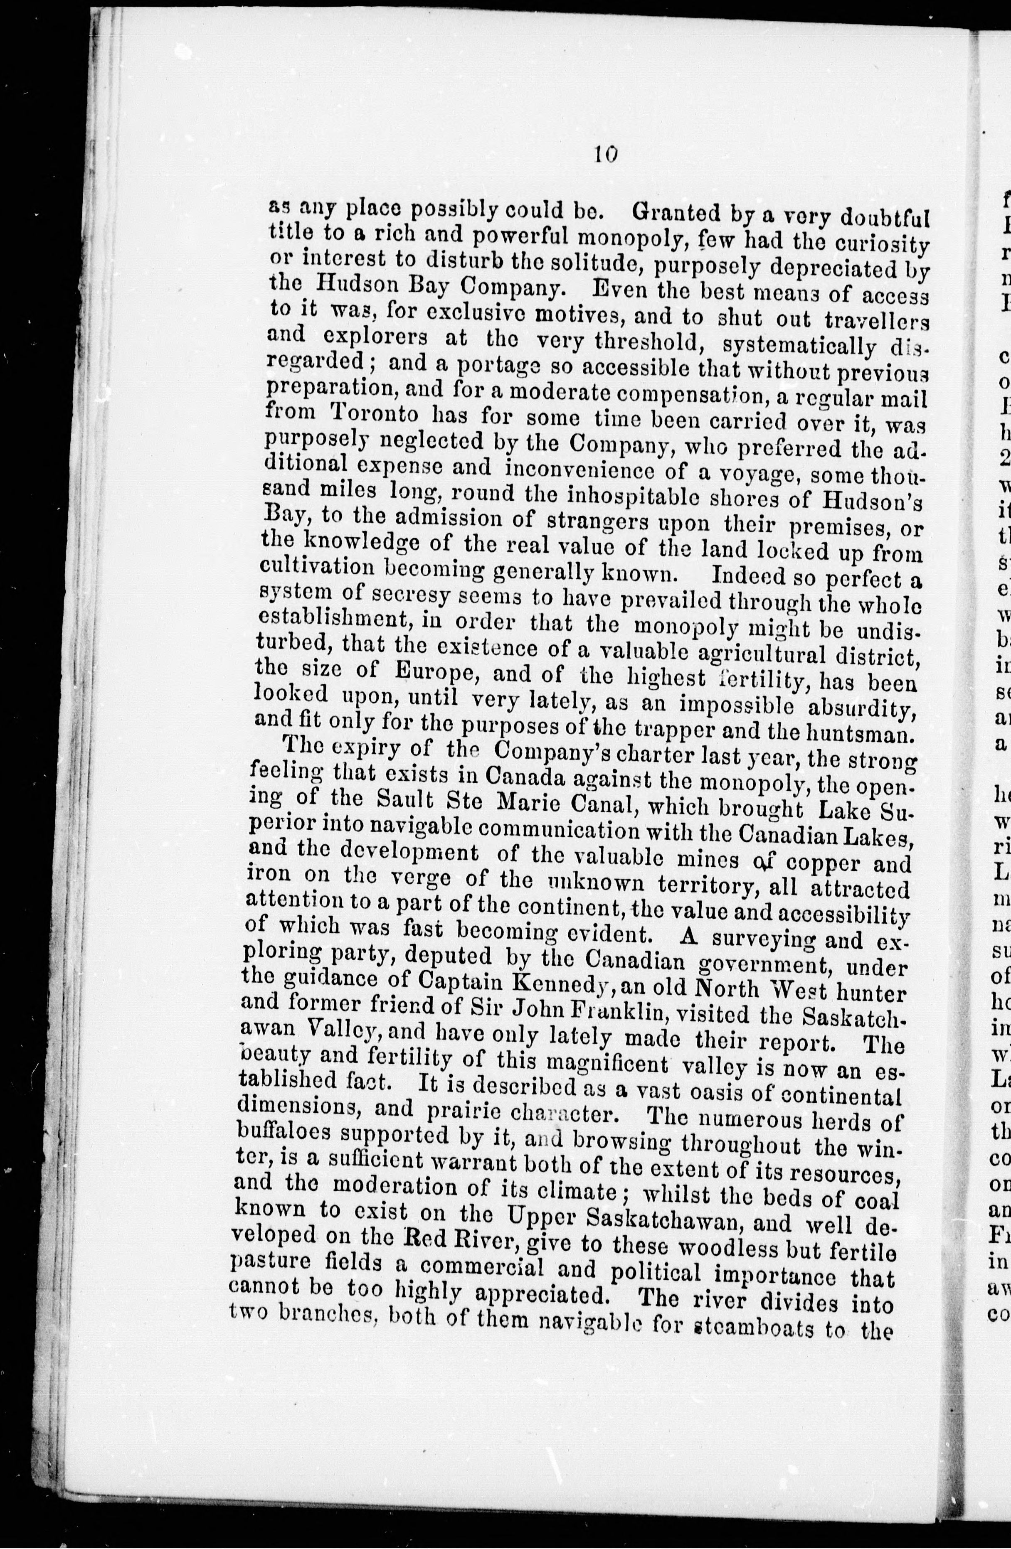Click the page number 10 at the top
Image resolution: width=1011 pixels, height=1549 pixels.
(605, 153)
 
